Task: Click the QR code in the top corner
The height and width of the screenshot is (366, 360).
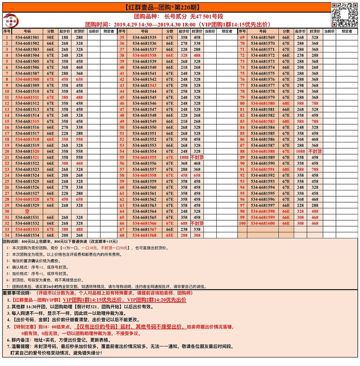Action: pos(345,15)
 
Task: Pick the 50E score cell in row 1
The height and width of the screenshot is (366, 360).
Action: pos(50,37)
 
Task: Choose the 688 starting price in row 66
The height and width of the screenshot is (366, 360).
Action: pos(184,223)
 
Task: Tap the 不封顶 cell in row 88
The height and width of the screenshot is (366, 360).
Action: pos(315,151)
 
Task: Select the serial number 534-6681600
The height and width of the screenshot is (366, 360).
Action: pos(262,223)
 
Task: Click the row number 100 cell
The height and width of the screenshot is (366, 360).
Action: pos(242,223)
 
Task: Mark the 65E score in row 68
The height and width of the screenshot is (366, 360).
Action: pos(170,235)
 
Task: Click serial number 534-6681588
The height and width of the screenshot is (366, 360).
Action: pos(262,151)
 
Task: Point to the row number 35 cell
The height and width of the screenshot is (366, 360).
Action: pos(122,37)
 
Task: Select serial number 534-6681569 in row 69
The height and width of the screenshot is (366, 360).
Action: pos(262,37)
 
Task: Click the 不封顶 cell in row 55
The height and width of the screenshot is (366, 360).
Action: pos(197,157)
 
